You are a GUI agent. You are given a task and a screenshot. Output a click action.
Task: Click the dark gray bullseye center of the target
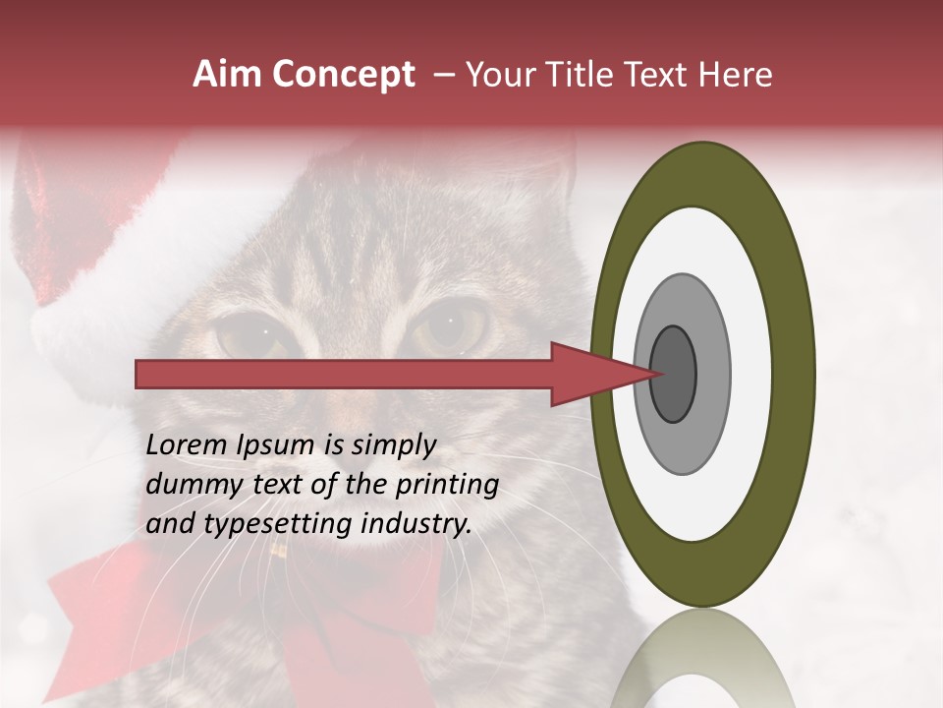point(673,374)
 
